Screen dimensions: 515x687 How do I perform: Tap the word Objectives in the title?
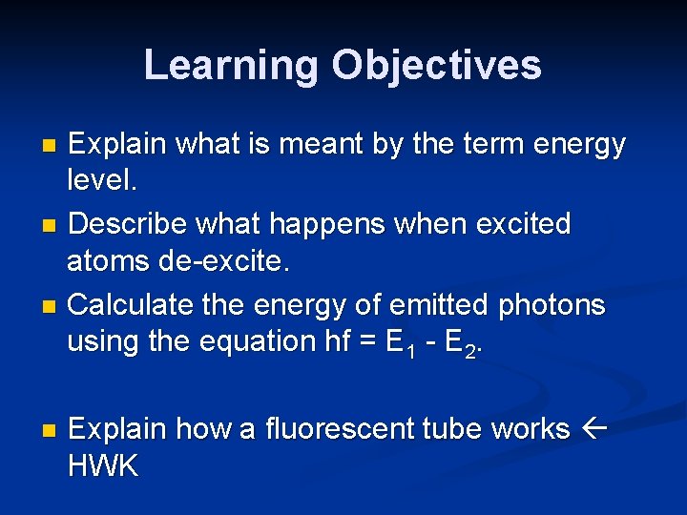[436, 66]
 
